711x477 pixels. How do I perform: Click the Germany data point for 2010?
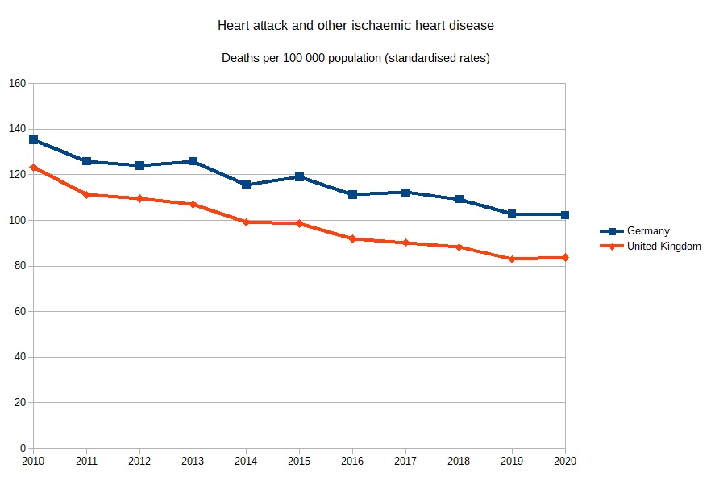click(33, 139)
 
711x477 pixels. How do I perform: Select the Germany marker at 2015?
click(299, 176)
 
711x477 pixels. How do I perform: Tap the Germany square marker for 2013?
click(193, 161)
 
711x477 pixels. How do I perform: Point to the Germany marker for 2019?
click(512, 214)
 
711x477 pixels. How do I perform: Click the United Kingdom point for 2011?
click(86, 194)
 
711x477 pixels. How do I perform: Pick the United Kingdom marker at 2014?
click(246, 222)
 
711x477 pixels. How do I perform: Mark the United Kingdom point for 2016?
click(352, 238)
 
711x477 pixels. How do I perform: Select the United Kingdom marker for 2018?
click(459, 247)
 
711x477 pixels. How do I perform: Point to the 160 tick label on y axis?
click(17, 84)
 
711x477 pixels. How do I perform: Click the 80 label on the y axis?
click(19, 266)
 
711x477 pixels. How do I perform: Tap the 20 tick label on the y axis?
click(19, 403)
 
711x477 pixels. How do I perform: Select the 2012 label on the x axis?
click(139, 462)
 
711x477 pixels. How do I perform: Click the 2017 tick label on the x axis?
click(405, 462)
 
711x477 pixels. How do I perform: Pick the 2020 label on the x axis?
click(565, 462)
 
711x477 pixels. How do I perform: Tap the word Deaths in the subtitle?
click(240, 59)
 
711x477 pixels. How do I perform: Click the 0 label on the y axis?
click(23, 448)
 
